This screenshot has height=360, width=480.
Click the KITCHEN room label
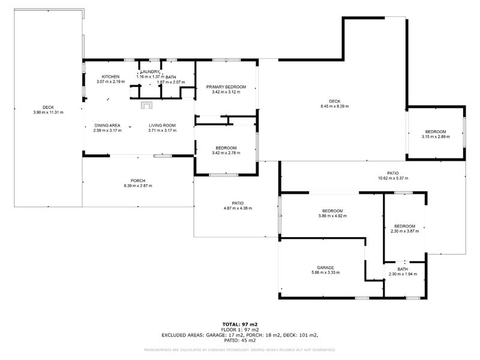pyautogui.click(x=110, y=77)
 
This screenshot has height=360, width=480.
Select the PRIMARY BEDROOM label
pyautogui.click(x=226, y=87)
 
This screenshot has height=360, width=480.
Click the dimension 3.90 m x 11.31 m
pyautogui.click(x=48, y=112)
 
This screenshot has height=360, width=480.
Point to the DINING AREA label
pyautogui.click(x=107, y=125)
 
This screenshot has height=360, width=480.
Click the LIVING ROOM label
pyautogui.click(x=162, y=125)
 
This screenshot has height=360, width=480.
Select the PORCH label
pyautogui.click(x=138, y=181)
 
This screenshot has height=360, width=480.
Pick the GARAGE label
pyautogui.click(x=325, y=268)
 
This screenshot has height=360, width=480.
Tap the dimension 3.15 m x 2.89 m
pyautogui.click(x=436, y=137)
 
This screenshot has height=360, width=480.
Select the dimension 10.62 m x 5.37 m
pyautogui.click(x=393, y=178)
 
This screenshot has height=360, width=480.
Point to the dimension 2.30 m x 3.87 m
pyautogui.click(x=407, y=232)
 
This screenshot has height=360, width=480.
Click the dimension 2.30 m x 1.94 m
pyautogui.click(x=402, y=274)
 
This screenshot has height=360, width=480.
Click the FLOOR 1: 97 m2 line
pyautogui.click(x=240, y=329)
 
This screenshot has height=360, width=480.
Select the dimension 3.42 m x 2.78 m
pyautogui.click(x=226, y=153)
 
